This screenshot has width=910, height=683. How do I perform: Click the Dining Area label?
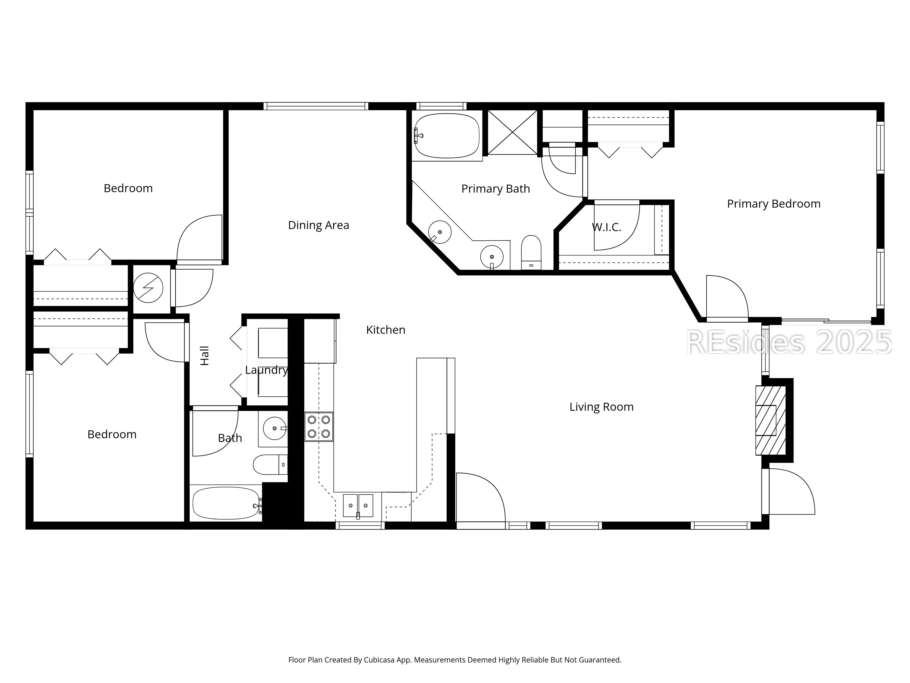coord(318,225)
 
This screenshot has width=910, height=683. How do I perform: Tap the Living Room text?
coord(602,407)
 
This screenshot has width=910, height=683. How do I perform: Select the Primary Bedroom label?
coord(773,204)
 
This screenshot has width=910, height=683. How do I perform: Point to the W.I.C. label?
coord(606,227)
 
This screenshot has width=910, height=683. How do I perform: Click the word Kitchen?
coord(385,330)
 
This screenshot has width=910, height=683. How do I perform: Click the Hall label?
coord(205,356)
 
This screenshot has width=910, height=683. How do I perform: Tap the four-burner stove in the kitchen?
coord(319,426)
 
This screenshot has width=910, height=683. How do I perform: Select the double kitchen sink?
coord(358,506)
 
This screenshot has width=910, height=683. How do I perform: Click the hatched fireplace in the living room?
coord(771,420)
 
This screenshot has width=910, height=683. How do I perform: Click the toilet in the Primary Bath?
coord(531,252)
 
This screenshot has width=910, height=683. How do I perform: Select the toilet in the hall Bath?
coord(270,465)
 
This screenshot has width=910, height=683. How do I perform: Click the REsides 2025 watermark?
coord(789,343)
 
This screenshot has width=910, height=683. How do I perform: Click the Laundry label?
coord(266,370)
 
